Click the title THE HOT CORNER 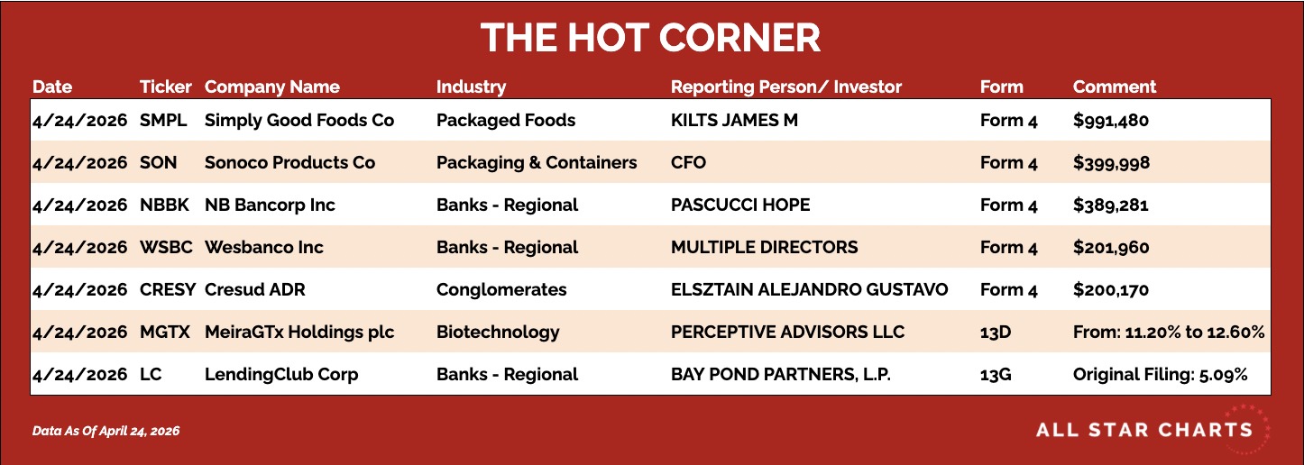coord(651,38)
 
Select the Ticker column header coord(165,87)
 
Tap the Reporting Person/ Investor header coord(785,87)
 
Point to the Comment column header coord(1115,87)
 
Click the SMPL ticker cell coord(163,120)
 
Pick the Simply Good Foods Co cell coord(299,120)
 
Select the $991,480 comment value coord(1111,121)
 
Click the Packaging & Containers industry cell coord(537,162)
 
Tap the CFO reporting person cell coord(688,162)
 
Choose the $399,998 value coord(1111,163)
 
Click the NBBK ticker coord(164,205)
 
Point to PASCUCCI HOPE coord(739,205)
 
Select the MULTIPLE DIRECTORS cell coord(764,247)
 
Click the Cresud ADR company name coord(254,289)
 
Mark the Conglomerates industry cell coord(501,290)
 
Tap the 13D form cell coord(996,333)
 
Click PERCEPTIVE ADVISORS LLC coord(787,332)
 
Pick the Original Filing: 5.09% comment coord(1160,375)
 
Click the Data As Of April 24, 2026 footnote coord(106,432)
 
